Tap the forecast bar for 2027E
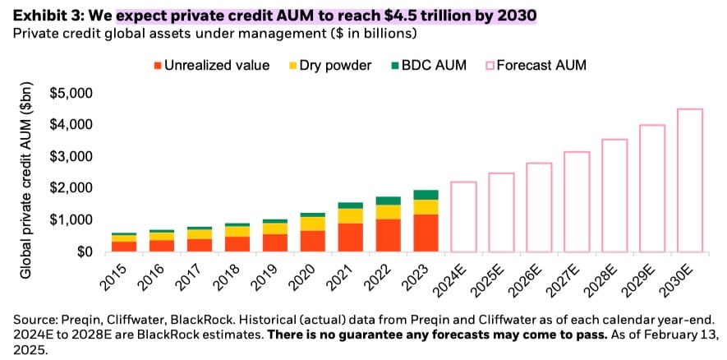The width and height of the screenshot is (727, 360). click(x=577, y=201)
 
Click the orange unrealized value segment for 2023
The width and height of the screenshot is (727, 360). click(x=426, y=233)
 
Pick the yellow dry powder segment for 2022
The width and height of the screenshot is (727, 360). click(x=388, y=212)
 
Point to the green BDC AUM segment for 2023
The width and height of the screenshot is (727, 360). click(x=426, y=195)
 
